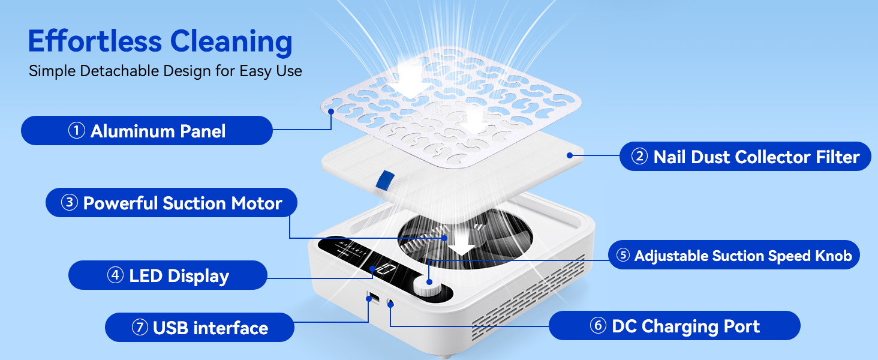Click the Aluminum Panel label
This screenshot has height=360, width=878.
coord(146,131)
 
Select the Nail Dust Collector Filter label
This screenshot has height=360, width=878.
coord(745,157)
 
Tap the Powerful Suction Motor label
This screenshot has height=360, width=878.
coord(172,203)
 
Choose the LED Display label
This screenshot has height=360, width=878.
coord(168,275)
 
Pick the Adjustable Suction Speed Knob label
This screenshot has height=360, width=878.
coord(733,255)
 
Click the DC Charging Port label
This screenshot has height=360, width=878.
coord(675,325)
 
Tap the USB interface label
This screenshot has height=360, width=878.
coord(200,328)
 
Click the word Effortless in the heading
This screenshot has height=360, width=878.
coord(95,41)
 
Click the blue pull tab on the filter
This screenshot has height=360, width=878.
coord(384,181)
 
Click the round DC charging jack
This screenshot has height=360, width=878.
coord(390,303)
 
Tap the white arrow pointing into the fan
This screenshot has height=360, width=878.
coord(461,241)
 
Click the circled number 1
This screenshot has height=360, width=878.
coord(76,131)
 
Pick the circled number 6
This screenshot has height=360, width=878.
coord(598,325)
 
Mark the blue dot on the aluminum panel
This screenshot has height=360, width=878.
coord(331,112)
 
